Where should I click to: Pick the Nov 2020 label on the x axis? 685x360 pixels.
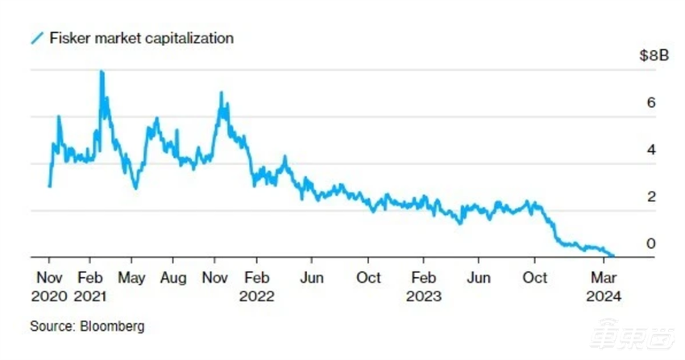[50, 286]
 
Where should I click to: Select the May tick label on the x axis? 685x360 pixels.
[131, 278]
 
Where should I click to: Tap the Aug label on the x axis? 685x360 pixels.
[172, 278]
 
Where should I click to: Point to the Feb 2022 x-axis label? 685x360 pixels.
[257, 286]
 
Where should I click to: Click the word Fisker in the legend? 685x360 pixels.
[68, 38]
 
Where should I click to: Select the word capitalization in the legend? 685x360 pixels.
[190, 38]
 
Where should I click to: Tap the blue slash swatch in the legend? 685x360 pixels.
[36, 38]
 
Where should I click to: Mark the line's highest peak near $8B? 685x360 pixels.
[102, 72]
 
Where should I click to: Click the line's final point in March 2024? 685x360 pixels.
[613, 255]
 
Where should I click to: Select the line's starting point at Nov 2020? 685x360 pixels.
[50, 186]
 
